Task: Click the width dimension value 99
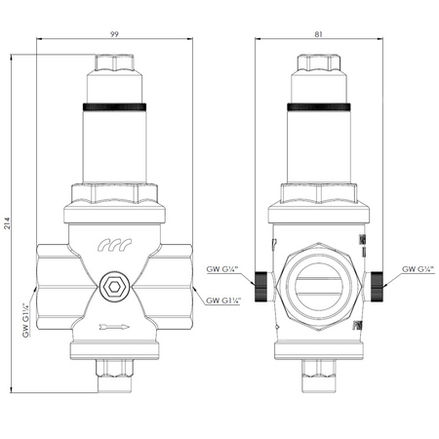[115, 32]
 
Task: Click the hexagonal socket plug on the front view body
[115, 288]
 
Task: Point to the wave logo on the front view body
[115, 251]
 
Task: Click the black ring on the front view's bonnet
[115, 105]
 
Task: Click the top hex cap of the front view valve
[115, 66]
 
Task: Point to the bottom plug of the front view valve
[115, 373]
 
